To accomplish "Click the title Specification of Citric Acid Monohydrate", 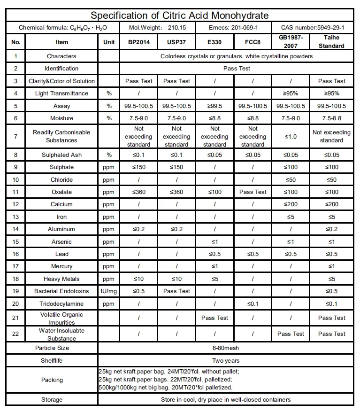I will click(x=180, y=16).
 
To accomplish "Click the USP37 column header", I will click(x=176, y=42).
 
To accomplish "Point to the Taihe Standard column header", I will click(x=331, y=42).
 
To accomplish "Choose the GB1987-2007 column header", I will click(x=291, y=42).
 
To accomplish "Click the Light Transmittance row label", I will click(x=61, y=93).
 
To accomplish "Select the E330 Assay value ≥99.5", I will click(x=214, y=106).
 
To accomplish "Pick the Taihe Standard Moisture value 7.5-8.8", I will click(x=331, y=118).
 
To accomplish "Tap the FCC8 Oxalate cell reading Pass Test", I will click(x=253, y=192).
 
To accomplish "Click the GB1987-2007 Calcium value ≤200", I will click(x=291, y=204).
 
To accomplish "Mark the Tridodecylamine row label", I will click(x=61, y=303).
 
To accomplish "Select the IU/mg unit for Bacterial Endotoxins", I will click(x=109, y=291).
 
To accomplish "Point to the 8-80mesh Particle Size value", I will click(x=225, y=348).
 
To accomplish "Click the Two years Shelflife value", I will click(x=225, y=361).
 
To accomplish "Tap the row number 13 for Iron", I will click(x=16, y=217).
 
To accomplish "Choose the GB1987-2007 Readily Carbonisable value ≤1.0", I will click(x=291, y=137).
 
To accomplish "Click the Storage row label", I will click(x=52, y=400).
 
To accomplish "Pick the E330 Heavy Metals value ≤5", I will click(x=214, y=279).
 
